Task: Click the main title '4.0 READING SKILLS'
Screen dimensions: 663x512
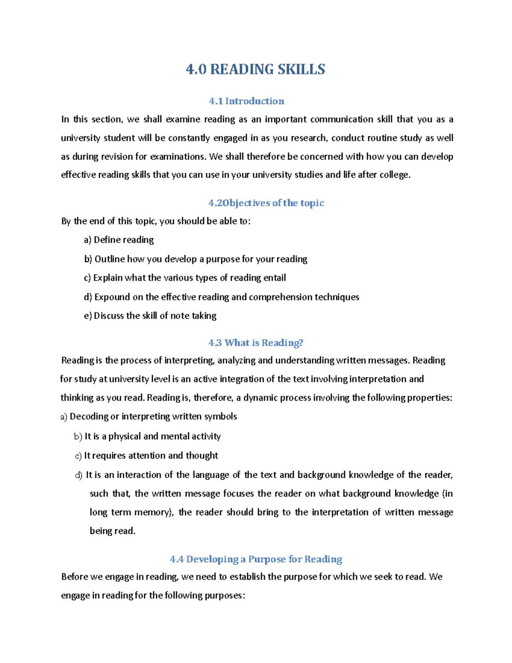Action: point(256,69)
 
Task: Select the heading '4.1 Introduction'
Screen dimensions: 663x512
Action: point(246,101)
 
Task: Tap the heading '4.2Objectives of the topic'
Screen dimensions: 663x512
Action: point(266,203)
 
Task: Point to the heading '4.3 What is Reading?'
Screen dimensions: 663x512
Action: point(256,343)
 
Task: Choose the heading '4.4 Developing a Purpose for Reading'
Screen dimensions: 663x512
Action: point(256,559)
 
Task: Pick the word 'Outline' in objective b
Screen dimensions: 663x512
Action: point(110,259)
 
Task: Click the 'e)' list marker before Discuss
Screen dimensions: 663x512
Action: point(88,316)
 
